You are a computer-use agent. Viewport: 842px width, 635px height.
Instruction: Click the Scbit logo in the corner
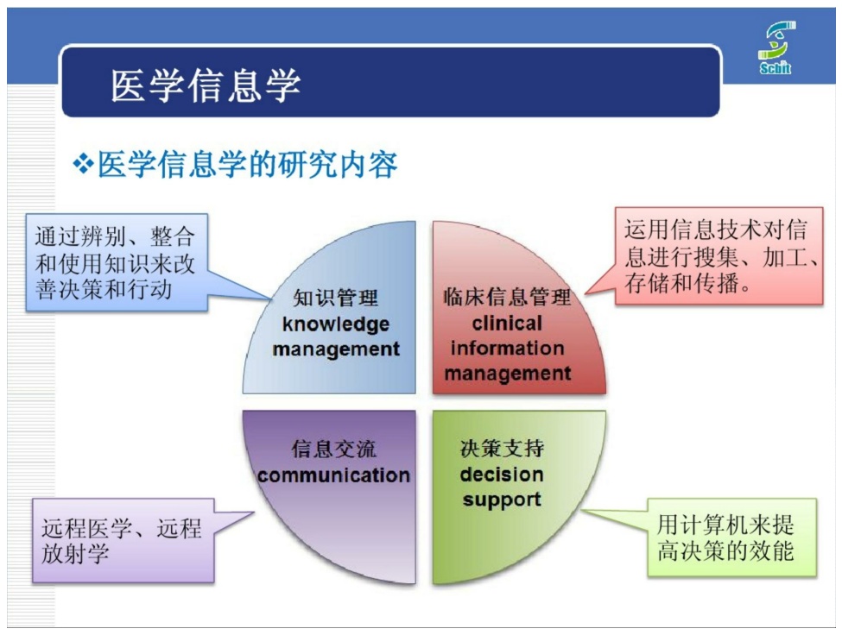click(x=776, y=47)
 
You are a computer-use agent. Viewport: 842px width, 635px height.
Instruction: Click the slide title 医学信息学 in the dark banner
click(x=206, y=85)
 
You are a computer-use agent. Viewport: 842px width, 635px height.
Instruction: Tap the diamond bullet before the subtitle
click(x=83, y=164)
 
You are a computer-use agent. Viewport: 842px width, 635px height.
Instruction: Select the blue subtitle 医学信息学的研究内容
click(x=248, y=164)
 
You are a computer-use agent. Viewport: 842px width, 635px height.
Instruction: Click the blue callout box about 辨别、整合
click(x=117, y=263)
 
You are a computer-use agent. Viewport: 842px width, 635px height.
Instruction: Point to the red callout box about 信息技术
click(x=719, y=256)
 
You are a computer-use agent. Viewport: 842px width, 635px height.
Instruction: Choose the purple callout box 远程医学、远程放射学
click(x=123, y=541)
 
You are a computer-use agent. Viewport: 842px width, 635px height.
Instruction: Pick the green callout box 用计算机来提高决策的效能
click(x=732, y=538)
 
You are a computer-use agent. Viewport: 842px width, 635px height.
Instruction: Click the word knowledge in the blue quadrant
click(x=336, y=324)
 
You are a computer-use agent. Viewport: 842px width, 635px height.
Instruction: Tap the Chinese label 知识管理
click(x=336, y=298)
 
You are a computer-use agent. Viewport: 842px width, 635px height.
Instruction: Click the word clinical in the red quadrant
click(x=508, y=323)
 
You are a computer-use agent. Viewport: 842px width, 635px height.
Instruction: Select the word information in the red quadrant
click(x=508, y=348)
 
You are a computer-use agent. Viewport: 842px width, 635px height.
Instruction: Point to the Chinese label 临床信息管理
click(x=507, y=297)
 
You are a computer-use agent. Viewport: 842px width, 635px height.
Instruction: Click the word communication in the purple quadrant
click(x=333, y=475)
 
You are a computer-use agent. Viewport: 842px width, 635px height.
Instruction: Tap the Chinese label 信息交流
click(x=334, y=449)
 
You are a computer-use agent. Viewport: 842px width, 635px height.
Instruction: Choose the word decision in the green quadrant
click(x=502, y=475)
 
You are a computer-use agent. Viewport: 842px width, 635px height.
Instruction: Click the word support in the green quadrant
click(x=502, y=500)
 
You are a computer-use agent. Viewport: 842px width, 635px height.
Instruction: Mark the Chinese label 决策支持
click(x=502, y=449)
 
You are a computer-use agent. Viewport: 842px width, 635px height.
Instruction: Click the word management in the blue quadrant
click(x=336, y=349)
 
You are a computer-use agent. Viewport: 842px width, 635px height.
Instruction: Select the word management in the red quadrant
click(x=508, y=374)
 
